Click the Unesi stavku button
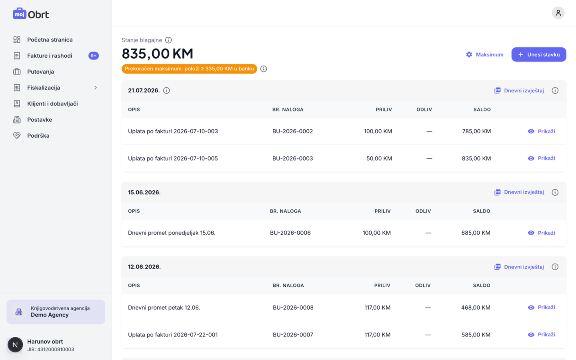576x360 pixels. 539,54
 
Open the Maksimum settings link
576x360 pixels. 485,54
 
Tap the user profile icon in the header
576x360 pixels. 558,13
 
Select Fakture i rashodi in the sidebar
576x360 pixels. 50,56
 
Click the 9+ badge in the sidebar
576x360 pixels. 94,56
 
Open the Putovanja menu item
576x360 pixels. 41,72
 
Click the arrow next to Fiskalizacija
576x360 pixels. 96,88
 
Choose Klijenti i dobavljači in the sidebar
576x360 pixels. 52,104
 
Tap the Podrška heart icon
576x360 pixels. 17,136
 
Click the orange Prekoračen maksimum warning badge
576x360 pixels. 189,69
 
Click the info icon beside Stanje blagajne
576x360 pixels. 168,40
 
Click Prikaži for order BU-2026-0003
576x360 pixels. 542,158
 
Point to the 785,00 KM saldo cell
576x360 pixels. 476,131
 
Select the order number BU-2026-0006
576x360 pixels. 290,233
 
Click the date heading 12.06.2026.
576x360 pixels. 144,267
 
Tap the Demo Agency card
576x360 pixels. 56,312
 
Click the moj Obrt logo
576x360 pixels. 31,14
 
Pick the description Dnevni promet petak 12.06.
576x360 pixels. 164,308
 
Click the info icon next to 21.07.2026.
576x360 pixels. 166,90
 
